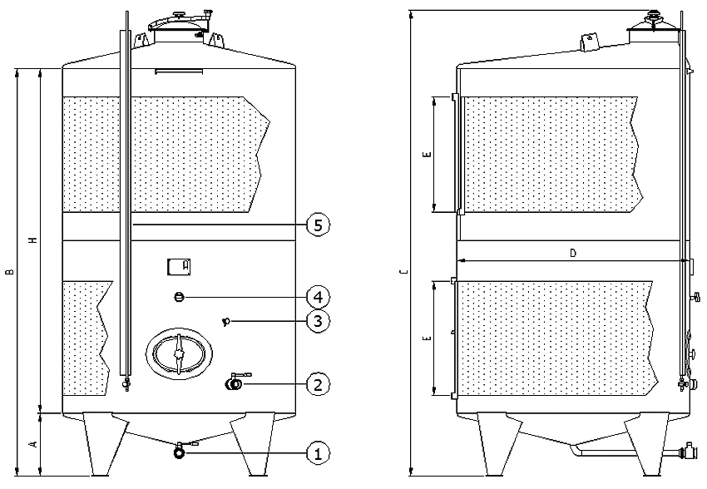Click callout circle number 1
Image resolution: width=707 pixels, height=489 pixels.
click(x=318, y=453)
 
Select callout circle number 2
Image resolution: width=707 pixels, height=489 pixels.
click(x=318, y=384)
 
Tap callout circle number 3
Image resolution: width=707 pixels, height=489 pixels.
click(x=318, y=321)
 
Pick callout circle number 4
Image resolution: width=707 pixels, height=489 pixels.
click(x=318, y=297)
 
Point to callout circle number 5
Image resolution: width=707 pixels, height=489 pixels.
click(x=318, y=225)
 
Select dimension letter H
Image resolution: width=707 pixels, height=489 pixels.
click(x=33, y=240)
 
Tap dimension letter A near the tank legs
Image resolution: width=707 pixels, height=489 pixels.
click(x=33, y=445)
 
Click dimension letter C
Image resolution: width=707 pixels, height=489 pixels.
click(x=404, y=271)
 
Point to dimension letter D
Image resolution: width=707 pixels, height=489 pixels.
click(x=573, y=253)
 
